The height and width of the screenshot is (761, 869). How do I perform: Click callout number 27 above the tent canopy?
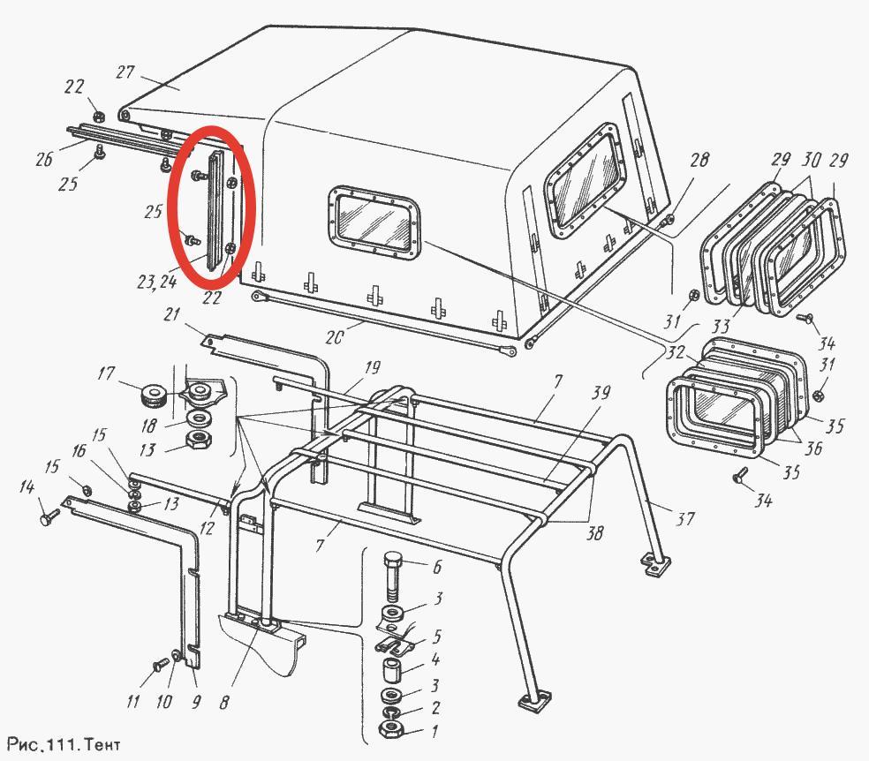pos(125,72)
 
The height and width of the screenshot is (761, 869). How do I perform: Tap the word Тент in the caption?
pos(103,744)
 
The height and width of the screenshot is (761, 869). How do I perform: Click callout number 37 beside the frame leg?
pos(685,518)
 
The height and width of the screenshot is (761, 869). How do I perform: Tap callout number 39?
pos(601,392)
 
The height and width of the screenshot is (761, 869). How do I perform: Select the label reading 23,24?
pos(157,282)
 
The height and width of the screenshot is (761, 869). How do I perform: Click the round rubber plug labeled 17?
pos(154,396)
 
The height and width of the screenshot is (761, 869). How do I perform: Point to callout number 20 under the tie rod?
pos(334,337)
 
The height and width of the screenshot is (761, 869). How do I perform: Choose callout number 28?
pos(699,160)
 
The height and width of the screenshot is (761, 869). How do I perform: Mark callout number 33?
pos(721,325)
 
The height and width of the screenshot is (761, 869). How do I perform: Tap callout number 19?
pos(373,368)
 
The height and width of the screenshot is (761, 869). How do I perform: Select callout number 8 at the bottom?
pos(224,702)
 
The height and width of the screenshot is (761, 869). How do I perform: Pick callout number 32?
pos(675,352)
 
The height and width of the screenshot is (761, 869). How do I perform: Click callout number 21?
pos(172,314)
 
